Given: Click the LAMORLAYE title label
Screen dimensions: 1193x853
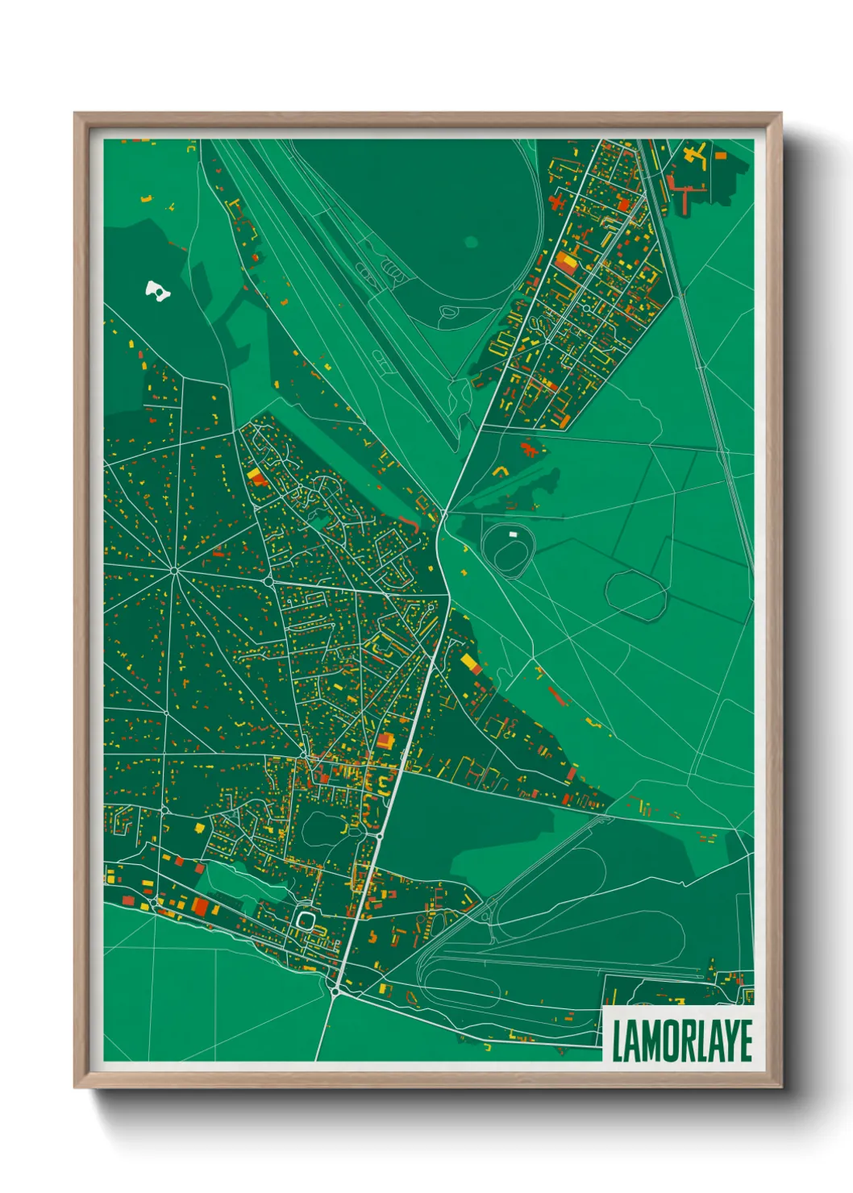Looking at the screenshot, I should point(681,1041).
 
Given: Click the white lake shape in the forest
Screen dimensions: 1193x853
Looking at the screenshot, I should point(156,289).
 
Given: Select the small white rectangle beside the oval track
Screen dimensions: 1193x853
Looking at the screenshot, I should point(512,533).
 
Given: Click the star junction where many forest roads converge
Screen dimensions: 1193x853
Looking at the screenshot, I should point(174,571).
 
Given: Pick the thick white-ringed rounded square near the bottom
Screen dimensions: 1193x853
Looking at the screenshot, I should point(306,920).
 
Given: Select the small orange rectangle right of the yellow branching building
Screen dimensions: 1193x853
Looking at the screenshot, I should point(721,154).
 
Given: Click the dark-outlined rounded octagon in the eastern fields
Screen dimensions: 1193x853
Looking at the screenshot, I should point(636,595).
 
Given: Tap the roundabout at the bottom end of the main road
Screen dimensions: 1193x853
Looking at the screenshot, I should point(335,991).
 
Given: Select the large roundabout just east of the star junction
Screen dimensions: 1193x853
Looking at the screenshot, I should point(267,580).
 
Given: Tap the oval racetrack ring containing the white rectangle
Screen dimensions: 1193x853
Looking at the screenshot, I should point(507,548).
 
